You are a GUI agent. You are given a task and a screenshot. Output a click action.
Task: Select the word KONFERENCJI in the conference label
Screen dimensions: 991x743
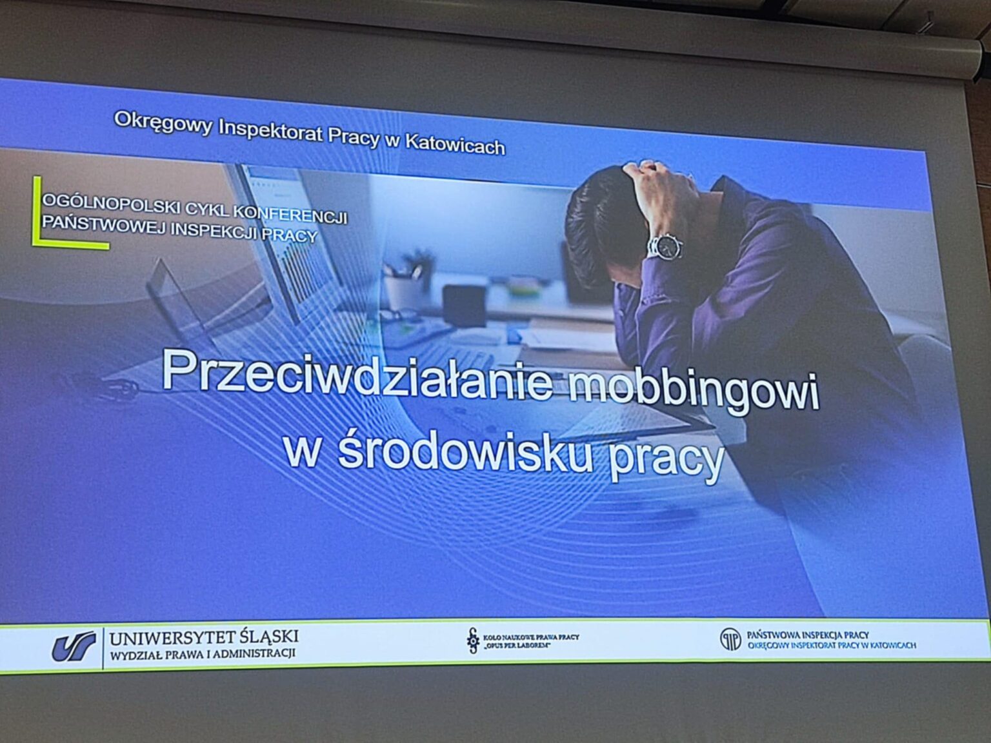pos(291,215)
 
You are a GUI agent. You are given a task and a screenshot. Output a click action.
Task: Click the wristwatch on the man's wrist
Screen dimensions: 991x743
pos(665,246)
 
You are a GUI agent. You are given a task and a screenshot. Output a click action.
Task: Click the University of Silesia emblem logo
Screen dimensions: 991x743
pos(74,646)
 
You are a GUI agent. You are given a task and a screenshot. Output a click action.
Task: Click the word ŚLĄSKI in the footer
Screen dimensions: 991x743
pos(269,637)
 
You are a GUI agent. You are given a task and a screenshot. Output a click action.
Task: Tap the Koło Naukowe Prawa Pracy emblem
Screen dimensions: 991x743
pos(473,640)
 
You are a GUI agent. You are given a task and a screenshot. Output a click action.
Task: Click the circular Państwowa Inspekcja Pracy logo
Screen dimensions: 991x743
pos(730,640)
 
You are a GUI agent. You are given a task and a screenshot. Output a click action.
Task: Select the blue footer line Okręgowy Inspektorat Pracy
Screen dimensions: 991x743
pos(832,646)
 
